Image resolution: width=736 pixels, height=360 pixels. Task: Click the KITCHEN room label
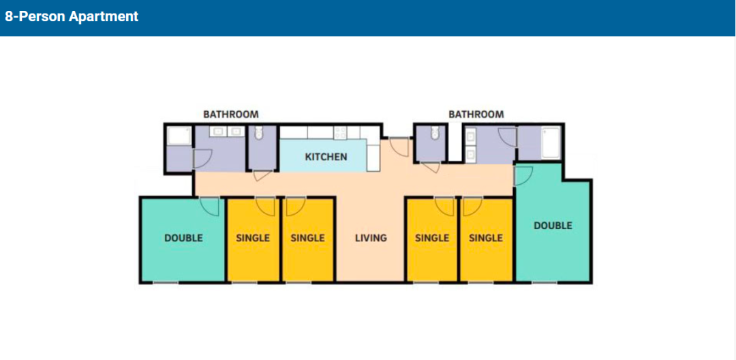(326, 157)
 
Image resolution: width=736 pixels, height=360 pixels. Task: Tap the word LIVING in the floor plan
(371, 238)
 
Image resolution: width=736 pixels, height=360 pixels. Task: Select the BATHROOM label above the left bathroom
(231, 114)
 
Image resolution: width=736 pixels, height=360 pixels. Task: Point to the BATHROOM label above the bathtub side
(476, 114)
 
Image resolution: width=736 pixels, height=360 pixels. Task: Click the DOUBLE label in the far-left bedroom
(183, 238)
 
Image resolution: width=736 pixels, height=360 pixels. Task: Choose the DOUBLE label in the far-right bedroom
(553, 226)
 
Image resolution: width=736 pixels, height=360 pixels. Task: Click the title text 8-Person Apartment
(72, 16)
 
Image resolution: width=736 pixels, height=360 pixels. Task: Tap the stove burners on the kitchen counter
(340, 133)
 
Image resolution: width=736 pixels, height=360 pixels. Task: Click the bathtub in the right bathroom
(551, 143)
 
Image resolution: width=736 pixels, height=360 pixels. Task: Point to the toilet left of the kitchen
(258, 134)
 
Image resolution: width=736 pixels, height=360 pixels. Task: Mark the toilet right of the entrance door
(435, 133)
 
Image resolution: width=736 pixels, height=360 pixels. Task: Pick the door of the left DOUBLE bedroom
(210, 207)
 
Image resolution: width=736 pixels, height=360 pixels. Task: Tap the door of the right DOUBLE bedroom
(524, 177)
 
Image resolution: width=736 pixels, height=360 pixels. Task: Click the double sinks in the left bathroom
(227, 132)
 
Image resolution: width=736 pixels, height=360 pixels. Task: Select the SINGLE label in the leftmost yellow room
(253, 238)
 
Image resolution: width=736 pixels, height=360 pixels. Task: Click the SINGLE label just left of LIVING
(307, 238)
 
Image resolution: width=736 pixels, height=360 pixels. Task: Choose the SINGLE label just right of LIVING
(432, 238)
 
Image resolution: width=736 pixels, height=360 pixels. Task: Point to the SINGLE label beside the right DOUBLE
(486, 238)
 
